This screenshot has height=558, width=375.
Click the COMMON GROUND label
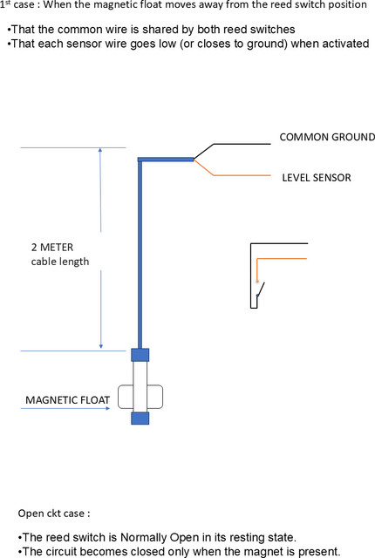[x=327, y=137]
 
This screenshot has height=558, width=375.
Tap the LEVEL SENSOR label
[x=317, y=178]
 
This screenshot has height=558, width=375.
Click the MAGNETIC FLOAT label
[x=67, y=400]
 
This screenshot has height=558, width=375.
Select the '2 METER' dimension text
[x=52, y=247]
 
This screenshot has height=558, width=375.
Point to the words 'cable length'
[x=60, y=262]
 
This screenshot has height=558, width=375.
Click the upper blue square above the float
[x=140, y=355]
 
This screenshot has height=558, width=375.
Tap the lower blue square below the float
[x=140, y=418]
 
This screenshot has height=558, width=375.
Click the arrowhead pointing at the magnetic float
[x=108, y=408]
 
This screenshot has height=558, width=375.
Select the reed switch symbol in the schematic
[x=261, y=289]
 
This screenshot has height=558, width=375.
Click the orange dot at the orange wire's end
[x=257, y=281]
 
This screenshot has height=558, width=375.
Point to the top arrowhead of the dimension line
[x=100, y=150]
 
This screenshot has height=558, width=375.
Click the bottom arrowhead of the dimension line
[x=101, y=346]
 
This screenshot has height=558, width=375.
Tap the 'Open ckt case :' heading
[x=54, y=514]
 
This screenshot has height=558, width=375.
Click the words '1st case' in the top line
[x=17, y=5]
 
